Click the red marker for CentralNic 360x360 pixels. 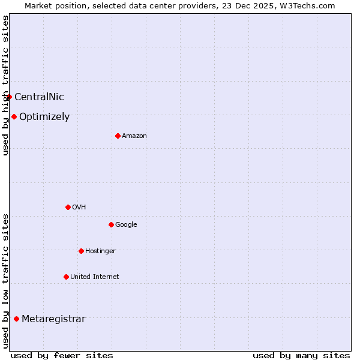pyautogui.click(x=9, y=97)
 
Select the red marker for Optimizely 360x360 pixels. pyautogui.click(x=14, y=116)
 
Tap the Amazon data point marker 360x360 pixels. pyautogui.click(x=118, y=136)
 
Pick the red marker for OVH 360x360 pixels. pyautogui.click(x=68, y=207)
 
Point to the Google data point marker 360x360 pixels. pyautogui.click(x=111, y=224)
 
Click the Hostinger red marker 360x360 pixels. pyautogui.click(x=81, y=251)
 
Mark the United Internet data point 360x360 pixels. pyautogui.click(x=66, y=277)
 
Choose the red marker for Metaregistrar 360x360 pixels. pyautogui.click(x=16, y=319)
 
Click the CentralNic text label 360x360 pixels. pyautogui.click(x=39, y=97)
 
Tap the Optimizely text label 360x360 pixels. pyautogui.click(x=44, y=117)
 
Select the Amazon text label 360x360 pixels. pyautogui.click(x=134, y=136)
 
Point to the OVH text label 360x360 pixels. pyautogui.click(x=79, y=208)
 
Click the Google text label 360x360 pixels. pyautogui.click(x=126, y=225)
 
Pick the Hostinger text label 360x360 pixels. pyautogui.click(x=100, y=251)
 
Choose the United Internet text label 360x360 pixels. pyautogui.click(x=95, y=277)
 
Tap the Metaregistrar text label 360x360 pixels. pyautogui.click(x=53, y=319)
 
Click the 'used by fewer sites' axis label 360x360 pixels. pyautogui.click(x=62, y=355)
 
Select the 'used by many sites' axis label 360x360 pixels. pyautogui.click(x=301, y=355)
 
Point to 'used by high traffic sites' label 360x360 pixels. pyautogui.click(x=5, y=85)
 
